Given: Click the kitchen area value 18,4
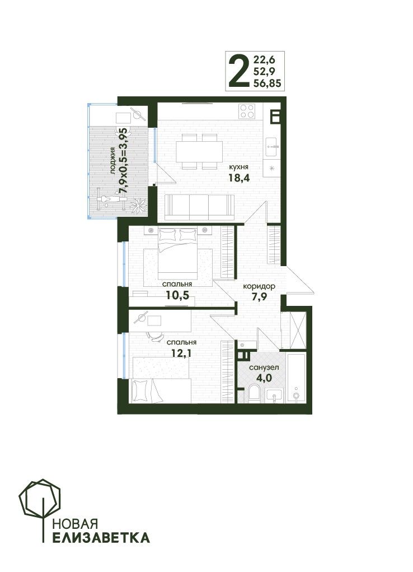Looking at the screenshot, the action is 239,178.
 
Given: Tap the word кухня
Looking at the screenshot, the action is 238,167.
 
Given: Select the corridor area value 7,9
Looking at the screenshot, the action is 259,296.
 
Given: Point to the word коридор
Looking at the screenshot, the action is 259,286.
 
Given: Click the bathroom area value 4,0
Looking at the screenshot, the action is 264,378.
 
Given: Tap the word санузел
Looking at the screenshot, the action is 264,368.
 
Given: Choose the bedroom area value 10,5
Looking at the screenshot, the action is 177,295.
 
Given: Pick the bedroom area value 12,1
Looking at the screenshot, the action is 181,353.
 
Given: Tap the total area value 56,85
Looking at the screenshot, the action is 267,83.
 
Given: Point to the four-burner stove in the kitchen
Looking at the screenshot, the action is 247,111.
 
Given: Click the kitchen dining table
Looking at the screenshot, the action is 199,151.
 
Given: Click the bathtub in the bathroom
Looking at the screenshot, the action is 297,378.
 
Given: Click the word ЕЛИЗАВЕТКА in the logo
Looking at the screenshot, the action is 101,537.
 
